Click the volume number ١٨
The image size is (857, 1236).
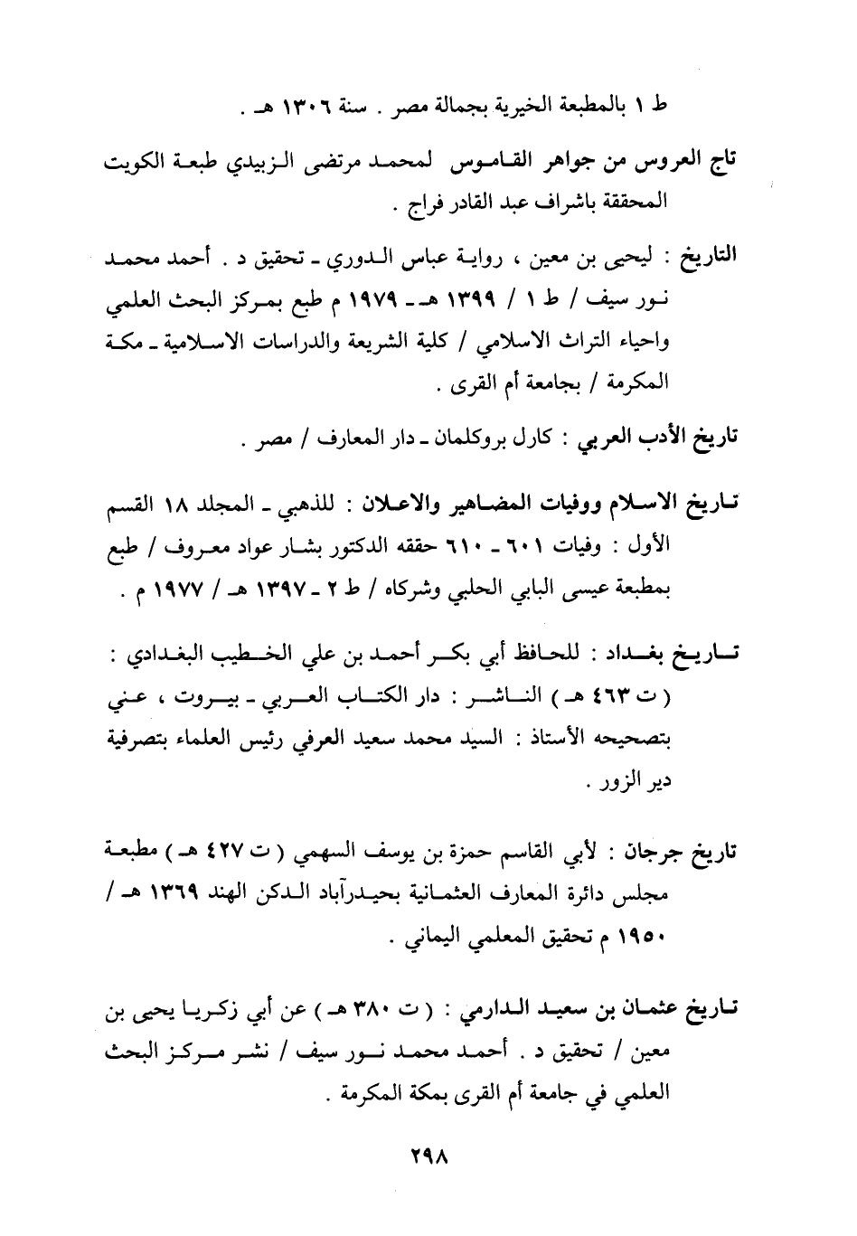point(173,502)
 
